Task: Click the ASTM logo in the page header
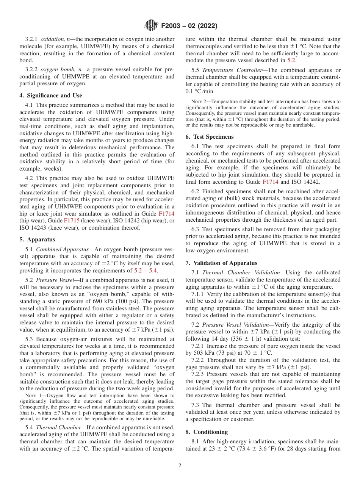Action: tap(151, 26)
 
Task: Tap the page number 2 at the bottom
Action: tap(180, 466)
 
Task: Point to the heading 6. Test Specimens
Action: tap(210, 137)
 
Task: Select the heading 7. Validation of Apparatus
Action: tap(221, 263)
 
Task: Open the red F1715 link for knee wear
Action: tap(71, 221)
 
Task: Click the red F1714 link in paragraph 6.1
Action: tap(270, 182)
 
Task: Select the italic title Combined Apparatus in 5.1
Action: tap(62, 250)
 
